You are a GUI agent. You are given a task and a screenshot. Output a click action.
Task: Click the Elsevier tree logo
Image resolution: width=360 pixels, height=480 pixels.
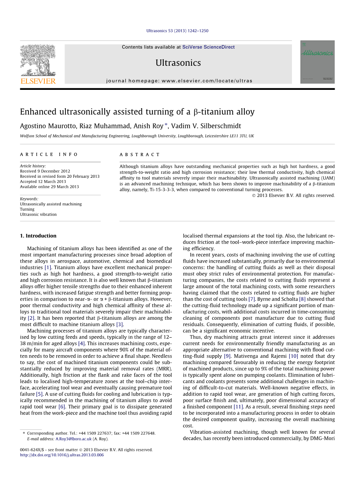tap(38, 60)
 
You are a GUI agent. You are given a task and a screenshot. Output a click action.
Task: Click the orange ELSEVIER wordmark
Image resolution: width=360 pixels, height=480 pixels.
tap(38, 81)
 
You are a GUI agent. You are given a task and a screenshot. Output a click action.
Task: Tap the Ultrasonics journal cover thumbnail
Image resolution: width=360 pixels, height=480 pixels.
tap(317, 62)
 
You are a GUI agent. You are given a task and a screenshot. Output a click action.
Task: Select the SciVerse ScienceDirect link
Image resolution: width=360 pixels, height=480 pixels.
tap(208, 47)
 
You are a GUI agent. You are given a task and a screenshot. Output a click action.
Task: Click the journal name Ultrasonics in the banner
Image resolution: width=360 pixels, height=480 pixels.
tap(178, 63)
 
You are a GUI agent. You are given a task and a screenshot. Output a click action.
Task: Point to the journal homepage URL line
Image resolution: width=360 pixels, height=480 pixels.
tap(179, 81)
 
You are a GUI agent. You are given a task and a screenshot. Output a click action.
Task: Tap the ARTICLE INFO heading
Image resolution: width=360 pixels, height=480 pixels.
tap(49, 154)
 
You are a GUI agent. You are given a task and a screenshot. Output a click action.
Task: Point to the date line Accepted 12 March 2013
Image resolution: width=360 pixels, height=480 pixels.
tap(43, 182)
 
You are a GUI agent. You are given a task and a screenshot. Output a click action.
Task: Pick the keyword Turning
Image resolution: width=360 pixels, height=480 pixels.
tap(27, 209)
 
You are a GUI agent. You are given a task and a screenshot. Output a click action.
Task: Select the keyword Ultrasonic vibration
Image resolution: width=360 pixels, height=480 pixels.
tap(38, 214)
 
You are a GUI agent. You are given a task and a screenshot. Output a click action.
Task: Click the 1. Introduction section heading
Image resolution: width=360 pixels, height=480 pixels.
tap(38, 236)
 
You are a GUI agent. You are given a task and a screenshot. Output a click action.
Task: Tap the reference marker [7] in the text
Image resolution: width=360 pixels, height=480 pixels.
tap(251, 299)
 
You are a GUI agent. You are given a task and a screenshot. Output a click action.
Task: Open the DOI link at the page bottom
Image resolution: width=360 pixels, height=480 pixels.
tap(62, 455)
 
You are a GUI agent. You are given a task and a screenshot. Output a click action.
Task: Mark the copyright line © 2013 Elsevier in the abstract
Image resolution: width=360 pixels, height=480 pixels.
tap(293, 195)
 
